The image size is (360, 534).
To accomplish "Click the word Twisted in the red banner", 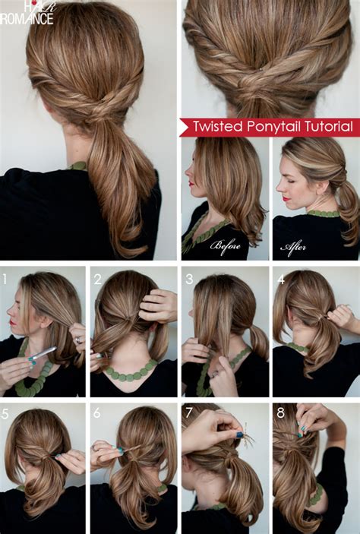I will click(x=216, y=126).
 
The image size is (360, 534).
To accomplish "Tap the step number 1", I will click(x=5, y=278).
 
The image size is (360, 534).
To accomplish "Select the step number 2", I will click(x=97, y=279).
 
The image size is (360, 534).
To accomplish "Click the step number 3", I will click(x=189, y=279).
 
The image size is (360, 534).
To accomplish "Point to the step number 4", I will click(x=280, y=279).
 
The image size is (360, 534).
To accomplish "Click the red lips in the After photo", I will click(x=286, y=199).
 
